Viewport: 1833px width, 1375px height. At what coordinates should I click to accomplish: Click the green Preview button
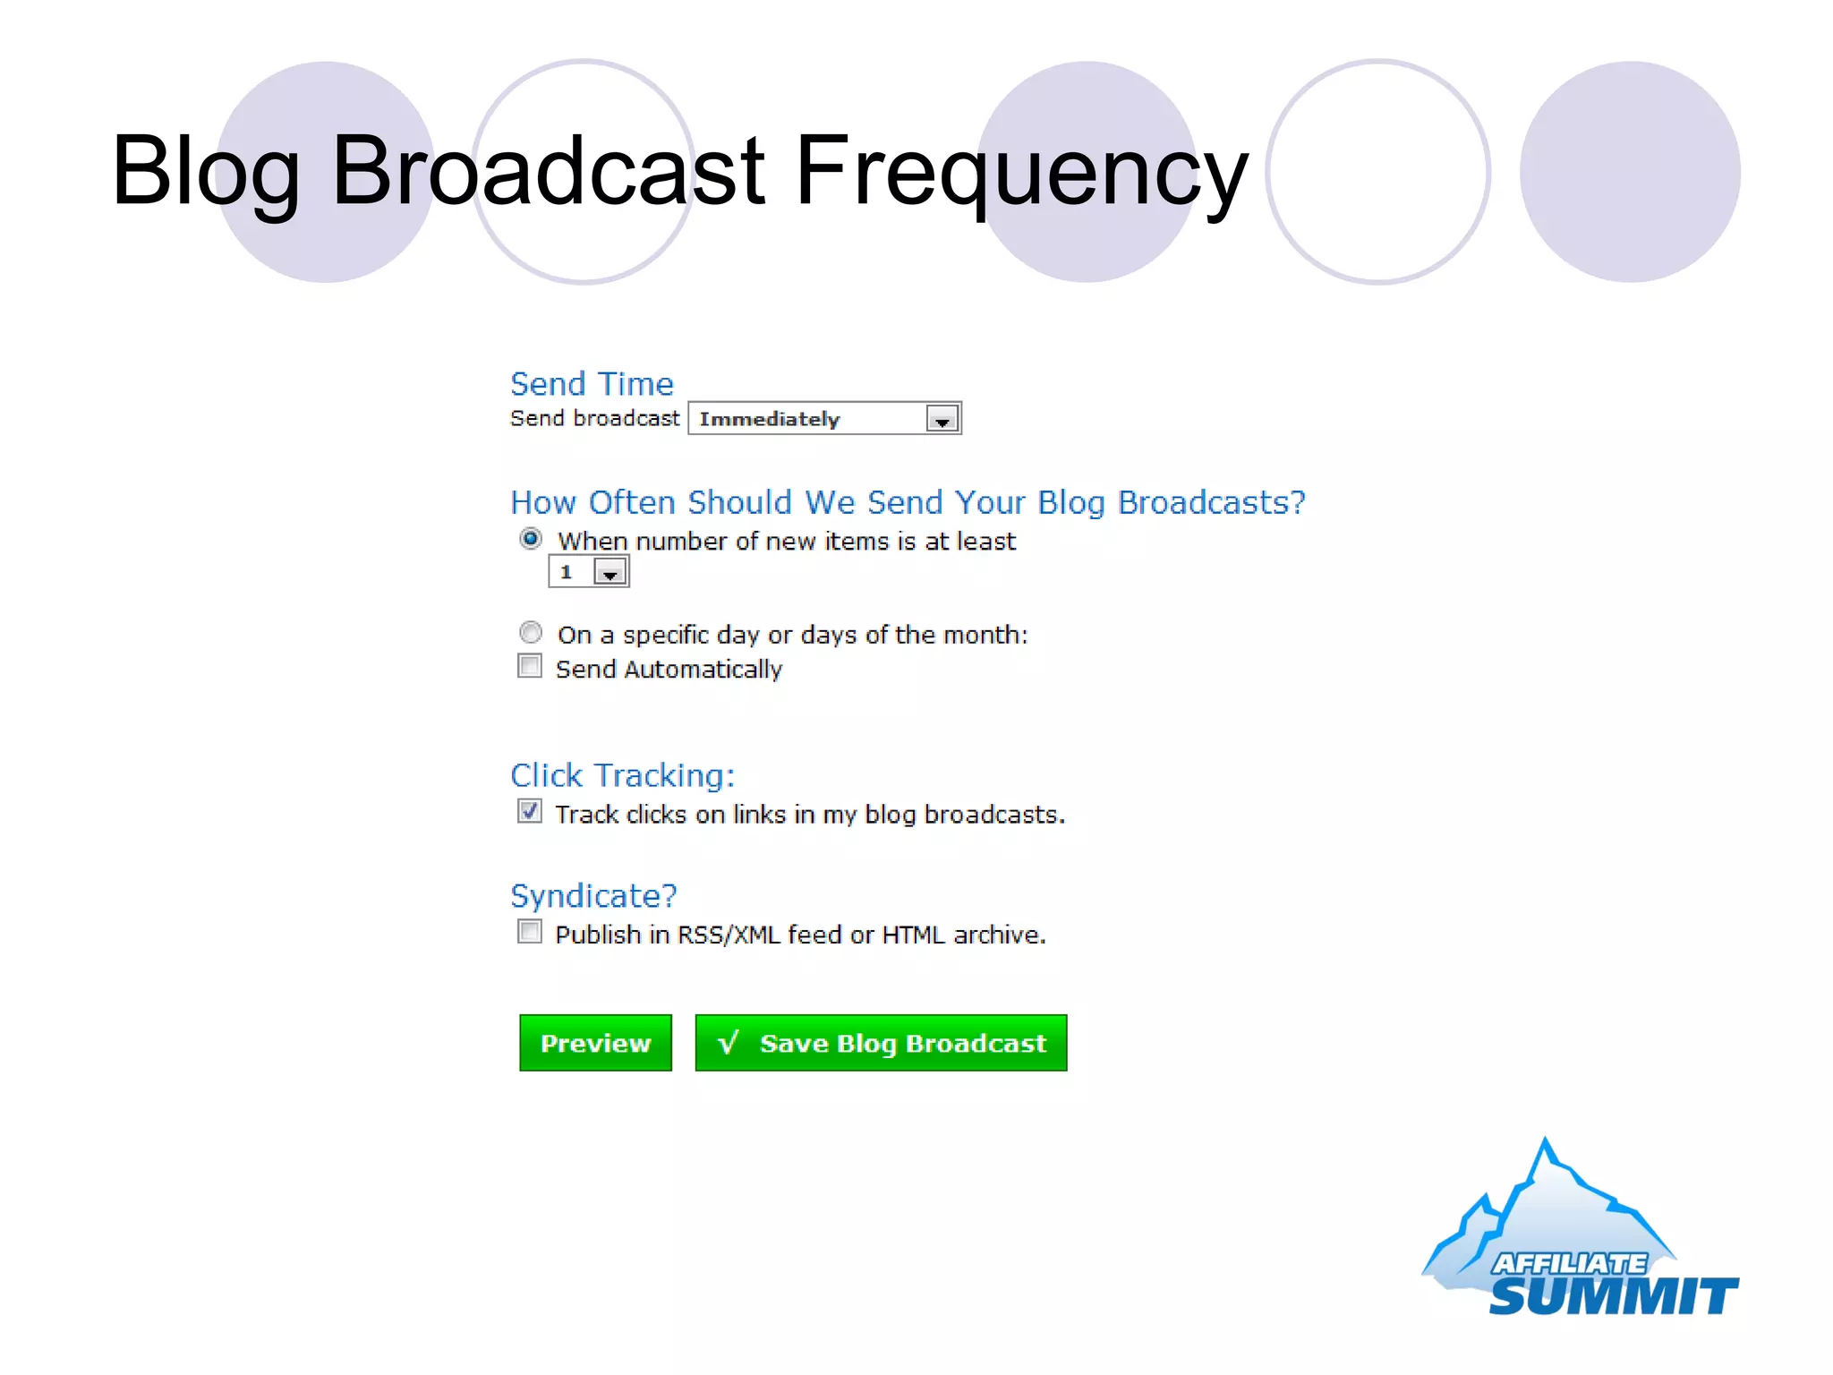[x=595, y=1043]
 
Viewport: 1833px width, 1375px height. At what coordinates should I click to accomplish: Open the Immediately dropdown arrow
[x=942, y=420]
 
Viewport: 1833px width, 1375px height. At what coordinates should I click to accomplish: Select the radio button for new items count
[x=531, y=539]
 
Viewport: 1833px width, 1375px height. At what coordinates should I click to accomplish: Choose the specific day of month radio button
[x=531, y=633]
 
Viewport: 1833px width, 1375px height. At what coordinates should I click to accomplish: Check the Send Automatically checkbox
[x=530, y=667]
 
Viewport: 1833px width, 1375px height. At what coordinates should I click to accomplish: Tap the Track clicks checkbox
[x=530, y=812]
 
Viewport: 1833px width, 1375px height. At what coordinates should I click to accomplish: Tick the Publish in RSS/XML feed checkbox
[x=530, y=932]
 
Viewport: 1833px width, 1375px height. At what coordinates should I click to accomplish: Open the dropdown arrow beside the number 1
[x=610, y=573]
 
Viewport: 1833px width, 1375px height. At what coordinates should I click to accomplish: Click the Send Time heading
[x=592, y=384]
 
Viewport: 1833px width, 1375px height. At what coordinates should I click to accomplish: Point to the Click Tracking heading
[x=622, y=775]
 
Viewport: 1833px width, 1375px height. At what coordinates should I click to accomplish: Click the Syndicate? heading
[x=593, y=896]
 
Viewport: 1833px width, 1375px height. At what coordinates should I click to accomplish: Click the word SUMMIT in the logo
[x=1613, y=1296]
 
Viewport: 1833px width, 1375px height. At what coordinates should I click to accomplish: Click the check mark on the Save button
[x=729, y=1042]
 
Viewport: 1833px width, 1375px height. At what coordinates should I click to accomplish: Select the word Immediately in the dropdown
[x=770, y=420]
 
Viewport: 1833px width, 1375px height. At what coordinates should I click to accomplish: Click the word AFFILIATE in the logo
[x=1569, y=1263]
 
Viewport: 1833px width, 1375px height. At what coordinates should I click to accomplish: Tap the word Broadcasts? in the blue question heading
[x=1212, y=503]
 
